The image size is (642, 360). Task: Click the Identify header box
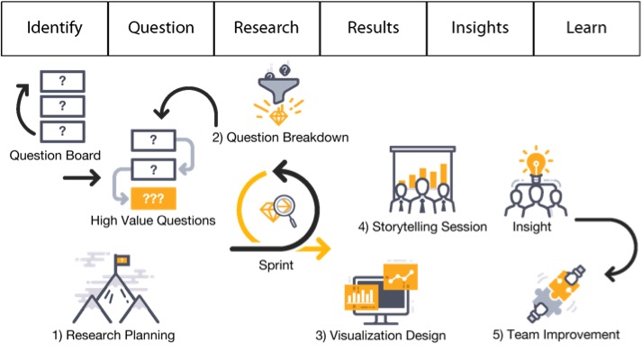point(54,27)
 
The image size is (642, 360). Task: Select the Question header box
point(161,27)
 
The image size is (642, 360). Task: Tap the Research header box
point(267,27)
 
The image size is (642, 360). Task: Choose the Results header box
point(373,27)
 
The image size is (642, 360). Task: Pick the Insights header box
point(479,27)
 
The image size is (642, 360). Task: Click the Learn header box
point(585,27)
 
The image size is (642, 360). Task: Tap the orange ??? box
point(153,198)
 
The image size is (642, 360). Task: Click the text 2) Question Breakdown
point(280,138)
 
